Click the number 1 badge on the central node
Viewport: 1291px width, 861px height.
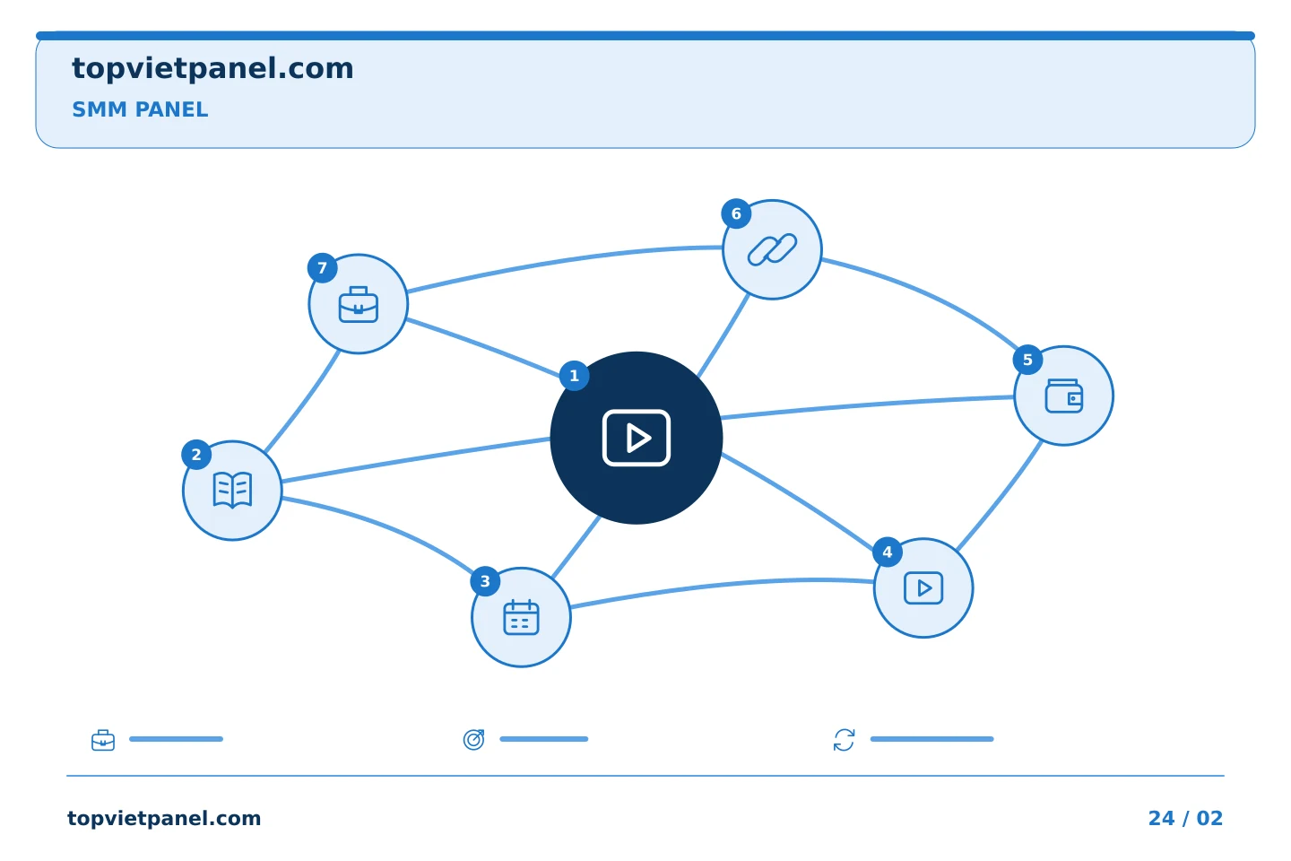(x=574, y=376)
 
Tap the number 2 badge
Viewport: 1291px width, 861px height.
(x=196, y=455)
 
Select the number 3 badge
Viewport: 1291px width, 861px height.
(x=485, y=581)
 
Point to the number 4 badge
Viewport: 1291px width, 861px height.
(x=888, y=552)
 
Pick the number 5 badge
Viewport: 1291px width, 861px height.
(x=1027, y=360)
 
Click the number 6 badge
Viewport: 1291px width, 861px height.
(x=736, y=214)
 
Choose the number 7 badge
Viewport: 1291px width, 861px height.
(x=322, y=267)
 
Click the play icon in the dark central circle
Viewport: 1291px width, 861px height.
(x=637, y=438)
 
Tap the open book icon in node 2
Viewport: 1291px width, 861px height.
(x=232, y=491)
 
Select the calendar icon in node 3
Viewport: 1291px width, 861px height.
(x=521, y=617)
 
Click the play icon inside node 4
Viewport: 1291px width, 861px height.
(x=923, y=588)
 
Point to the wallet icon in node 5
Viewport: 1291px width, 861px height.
(x=1064, y=396)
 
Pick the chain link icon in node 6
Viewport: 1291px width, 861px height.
(x=772, y=249)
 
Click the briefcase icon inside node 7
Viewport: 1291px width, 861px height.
(x=359, y=305)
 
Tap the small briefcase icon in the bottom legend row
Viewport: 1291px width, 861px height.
(x=103, y=740)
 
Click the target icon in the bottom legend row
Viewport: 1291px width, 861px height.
(x=473, y=740)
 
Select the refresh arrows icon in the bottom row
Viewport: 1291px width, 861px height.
(x=845, y=740)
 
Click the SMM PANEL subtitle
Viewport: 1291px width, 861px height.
(x=140, y=109)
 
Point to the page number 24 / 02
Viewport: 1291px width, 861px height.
(x=1185, y=818)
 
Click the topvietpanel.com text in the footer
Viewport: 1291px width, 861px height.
(x=164, y=818)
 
